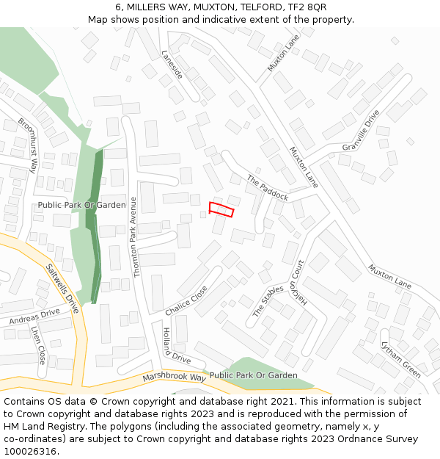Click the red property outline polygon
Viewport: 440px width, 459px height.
221,209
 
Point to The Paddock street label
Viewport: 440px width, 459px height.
268,188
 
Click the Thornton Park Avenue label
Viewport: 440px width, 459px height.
134,236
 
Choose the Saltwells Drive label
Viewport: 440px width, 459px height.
62,289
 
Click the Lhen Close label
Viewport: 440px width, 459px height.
38,345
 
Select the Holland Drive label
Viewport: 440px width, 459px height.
176,346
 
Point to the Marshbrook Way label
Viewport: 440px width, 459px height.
174,377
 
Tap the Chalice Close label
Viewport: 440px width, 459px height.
186,300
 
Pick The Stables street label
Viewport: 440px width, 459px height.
268,301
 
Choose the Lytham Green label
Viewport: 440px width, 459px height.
400,359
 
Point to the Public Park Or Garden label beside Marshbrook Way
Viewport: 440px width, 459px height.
253,375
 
